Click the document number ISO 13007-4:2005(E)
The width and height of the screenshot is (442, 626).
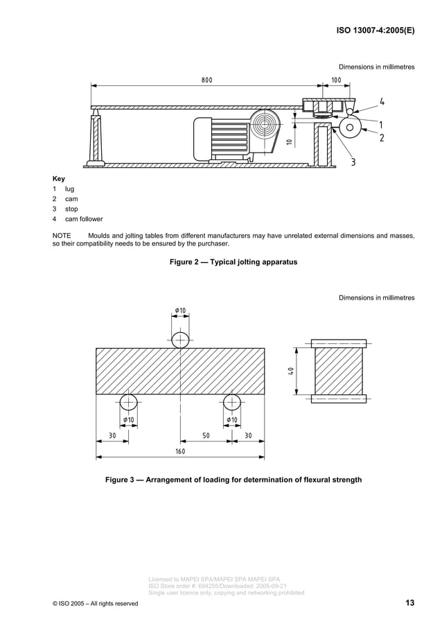click(375, 31)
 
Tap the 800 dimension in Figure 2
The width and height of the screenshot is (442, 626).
click(207, 80)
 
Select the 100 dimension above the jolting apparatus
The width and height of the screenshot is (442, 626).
click(336, 80)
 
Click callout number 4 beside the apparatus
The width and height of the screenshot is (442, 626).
click(382, 102)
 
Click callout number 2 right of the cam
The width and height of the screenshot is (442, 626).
click(382, 137)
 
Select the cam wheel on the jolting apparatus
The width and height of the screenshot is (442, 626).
click(350, 127)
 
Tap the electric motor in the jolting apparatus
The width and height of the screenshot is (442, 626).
click(222, 135)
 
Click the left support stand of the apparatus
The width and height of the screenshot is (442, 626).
click(95, 138)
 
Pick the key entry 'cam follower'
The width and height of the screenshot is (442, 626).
click(84, 219)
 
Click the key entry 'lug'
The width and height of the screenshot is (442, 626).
click(69, 189)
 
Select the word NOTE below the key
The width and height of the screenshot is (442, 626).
click(62, 236)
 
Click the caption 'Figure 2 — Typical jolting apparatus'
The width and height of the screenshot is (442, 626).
click(233, 263)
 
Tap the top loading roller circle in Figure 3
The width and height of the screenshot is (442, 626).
click(180, 340)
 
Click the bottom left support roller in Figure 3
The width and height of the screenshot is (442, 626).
click(128, 403)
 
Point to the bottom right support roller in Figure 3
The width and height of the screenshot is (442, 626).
click(232, 403)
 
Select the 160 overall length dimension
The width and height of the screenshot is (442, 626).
click(179, 451)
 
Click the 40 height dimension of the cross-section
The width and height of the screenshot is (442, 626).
click(292, 372)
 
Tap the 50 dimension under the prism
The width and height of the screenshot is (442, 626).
click(206, 435)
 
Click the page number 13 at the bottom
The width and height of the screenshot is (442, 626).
click(409, 603)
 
